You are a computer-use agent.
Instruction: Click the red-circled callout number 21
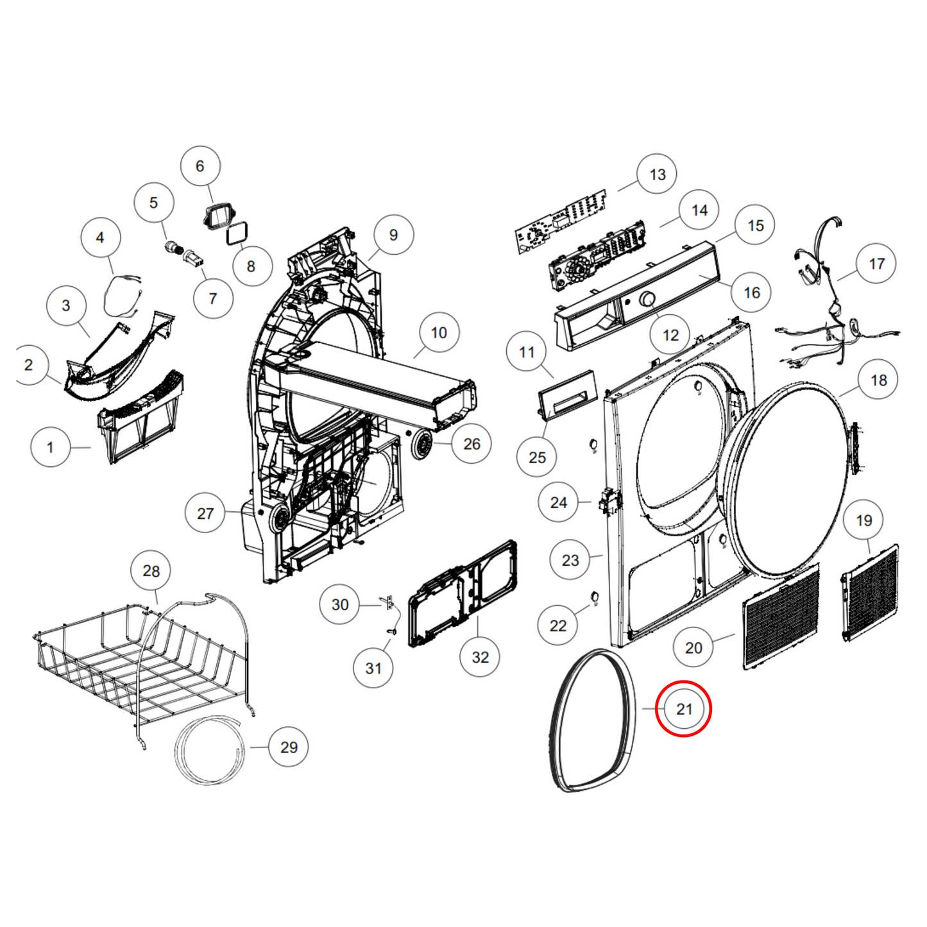tap(684, 709)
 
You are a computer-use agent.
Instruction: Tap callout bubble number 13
tap(657, 174)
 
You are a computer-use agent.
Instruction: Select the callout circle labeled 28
tap(151, 571)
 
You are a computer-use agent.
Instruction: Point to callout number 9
tap(393, 235)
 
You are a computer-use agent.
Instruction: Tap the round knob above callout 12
tap(647, 300)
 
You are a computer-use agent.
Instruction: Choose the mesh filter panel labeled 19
tap(871, 593)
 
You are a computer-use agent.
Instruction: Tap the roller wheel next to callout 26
tap(421, 445)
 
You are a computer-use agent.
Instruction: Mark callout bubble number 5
tap(153, 203)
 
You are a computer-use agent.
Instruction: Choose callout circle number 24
tap(558, 502)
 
